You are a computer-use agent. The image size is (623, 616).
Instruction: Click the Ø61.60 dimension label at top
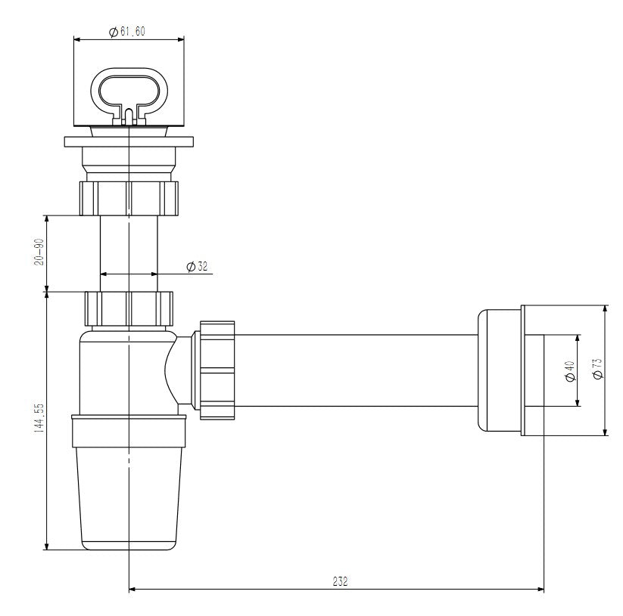click(x=128, y=31)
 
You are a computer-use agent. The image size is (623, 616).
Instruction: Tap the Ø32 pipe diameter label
click(x=198, y=266)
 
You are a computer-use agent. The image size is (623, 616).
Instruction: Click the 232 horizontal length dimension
click(x=340, y=581)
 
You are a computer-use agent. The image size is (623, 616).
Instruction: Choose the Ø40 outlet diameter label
click(x=569, y=370)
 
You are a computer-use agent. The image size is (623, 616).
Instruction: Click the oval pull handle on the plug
click(x=128, y=91)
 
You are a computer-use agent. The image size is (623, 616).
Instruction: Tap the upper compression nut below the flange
click(x=128, y=197)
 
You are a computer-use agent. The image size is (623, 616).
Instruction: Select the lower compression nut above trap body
click(x=129, y=308)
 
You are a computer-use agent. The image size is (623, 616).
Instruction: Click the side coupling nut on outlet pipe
click(x=216, y=369)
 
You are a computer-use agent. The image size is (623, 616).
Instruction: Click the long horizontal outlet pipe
click(x=356, y=370)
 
